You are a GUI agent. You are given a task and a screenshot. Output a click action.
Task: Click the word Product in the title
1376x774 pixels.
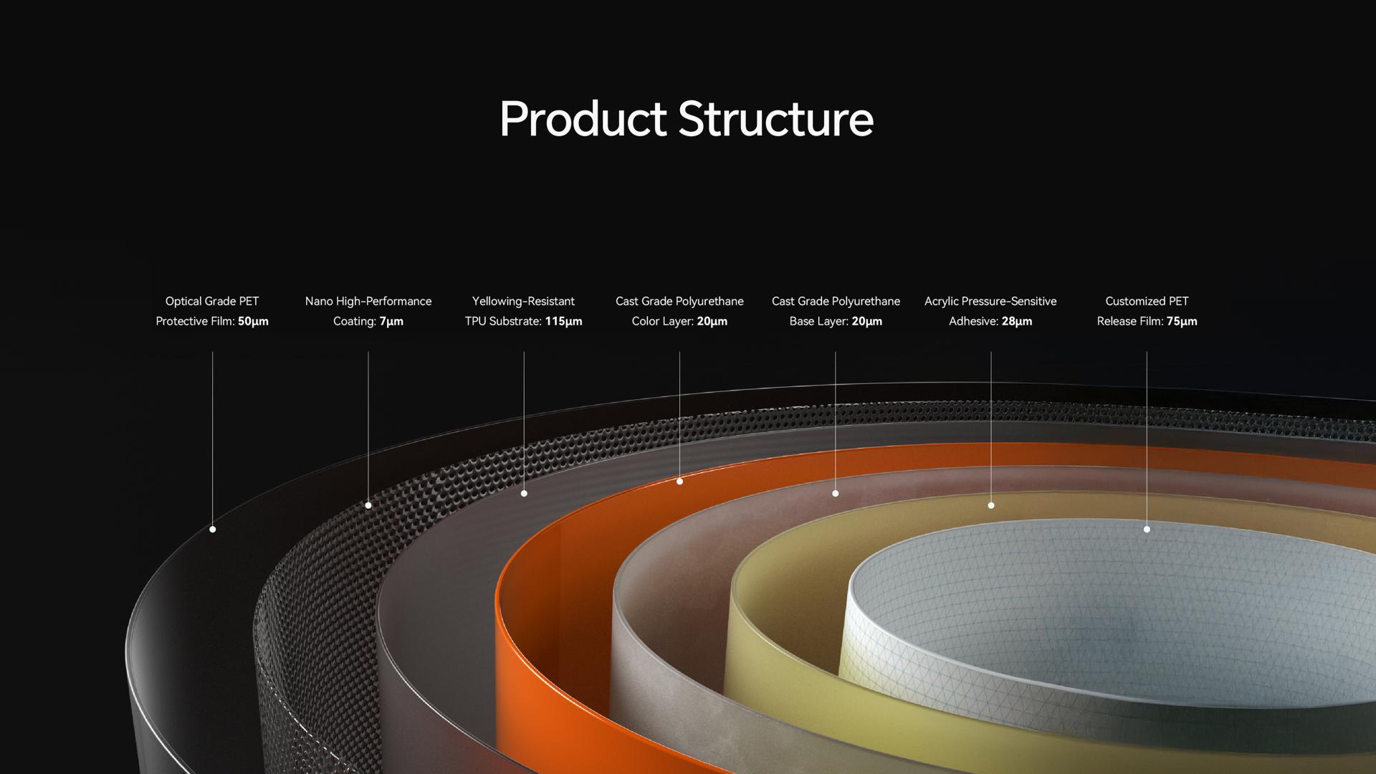tap(583, 118)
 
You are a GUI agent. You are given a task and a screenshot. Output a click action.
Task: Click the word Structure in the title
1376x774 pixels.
tap(775, 118)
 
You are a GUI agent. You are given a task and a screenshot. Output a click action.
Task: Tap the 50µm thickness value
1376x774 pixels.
tap(253, 321)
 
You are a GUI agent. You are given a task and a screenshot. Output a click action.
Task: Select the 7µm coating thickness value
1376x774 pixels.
tap(391, 321)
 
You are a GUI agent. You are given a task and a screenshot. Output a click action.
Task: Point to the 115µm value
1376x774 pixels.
tap(563, 321)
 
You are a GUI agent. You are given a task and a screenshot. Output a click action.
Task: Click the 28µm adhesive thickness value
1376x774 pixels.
tap(1017, 321)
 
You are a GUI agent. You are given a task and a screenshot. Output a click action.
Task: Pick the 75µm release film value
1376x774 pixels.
tap(1182, 321)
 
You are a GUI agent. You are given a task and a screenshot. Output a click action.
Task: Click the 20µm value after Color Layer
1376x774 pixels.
tap(712, 321)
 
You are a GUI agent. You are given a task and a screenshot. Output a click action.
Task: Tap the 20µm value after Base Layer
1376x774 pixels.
tap(866, 321)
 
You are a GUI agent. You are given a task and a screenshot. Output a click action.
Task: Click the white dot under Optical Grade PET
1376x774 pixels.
tap(212, 530)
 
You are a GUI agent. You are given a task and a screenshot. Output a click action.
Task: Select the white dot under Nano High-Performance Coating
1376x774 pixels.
tap(368, 505)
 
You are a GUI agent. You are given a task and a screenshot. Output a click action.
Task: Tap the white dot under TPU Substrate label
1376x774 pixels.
tap(524, 494)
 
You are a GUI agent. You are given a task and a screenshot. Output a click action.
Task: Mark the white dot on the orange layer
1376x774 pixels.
tap(679, 482)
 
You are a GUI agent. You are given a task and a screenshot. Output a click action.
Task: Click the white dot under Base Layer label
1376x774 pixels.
tap(835, 494)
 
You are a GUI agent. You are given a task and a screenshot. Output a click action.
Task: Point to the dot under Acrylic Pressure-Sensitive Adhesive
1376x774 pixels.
tap(991, 505)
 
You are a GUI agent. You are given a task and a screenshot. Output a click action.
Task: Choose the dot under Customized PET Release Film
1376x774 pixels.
tap(1147, 530)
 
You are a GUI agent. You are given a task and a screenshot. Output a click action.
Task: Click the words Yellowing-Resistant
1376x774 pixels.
tap(523, 302)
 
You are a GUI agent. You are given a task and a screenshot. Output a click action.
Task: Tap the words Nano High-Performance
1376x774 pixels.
tap(368, 302)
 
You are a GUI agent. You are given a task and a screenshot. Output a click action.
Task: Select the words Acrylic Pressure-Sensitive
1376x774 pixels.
tap(990, 302)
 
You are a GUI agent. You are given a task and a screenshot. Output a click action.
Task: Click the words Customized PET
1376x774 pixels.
tap(1147, 302)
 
